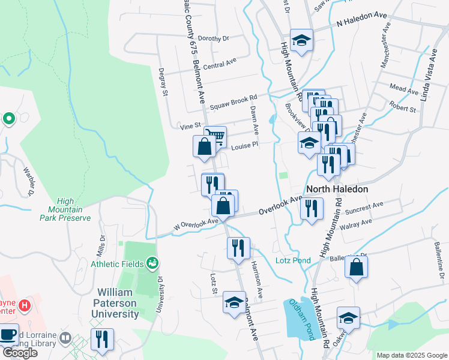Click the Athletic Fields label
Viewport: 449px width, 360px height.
tap(117, 263)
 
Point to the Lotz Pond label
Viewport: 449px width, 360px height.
tap(293, 260)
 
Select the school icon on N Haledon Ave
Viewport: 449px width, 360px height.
tap(301, 40)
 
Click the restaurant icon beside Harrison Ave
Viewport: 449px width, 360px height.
tap(238, 247)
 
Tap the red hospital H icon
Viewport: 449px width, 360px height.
tap(25, 305)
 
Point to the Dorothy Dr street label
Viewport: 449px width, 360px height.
tap(214, 38)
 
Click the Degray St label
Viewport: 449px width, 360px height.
tap(163, 82)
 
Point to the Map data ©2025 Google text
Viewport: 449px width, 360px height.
tap(412, 355)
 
